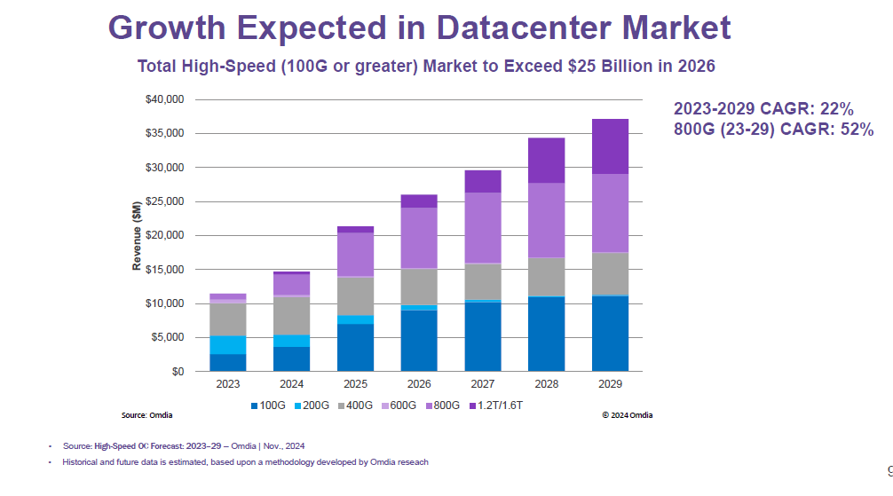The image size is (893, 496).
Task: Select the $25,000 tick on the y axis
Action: click(x=164, y=201)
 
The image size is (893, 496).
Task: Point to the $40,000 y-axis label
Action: click(x=164, y=99)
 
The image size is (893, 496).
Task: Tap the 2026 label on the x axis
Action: click(x=419, y=384)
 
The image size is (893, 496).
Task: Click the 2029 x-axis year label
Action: click(x=610, y=384)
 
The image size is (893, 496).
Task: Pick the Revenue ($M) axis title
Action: click(x=137, y=235)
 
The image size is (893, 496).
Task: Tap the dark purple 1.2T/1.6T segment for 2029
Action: click(x=610, y=146)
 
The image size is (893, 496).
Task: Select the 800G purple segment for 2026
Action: click(x=419, y=238)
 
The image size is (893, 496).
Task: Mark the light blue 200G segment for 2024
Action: click(x=291, y=341)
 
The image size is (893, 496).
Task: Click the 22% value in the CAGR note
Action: click(x=835, y=109)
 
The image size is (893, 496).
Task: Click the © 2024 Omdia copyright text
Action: click(x=627, y=414)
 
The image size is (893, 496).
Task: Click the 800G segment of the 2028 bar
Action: click(x=546, y=220)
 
